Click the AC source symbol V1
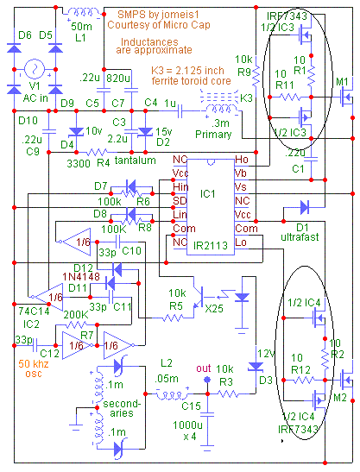click(35, 69)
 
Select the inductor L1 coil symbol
click(84, 13)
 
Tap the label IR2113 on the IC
click(211, 246)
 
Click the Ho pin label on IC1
click(242, 160)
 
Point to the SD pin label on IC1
click(180, 200)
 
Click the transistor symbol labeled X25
click(199, 297)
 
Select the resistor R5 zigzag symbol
click(173, 318)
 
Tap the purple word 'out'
click(204, 368)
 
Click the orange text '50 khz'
click(34, 363)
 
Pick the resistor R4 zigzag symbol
click(97, 152)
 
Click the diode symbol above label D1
click(305, 207)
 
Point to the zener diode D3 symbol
click(256, 367)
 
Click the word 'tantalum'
click(135, 160)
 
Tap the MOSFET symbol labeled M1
click(347, 97)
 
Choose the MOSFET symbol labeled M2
click(347, 380)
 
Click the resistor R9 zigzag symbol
click(256, 76)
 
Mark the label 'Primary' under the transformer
click(213, 135)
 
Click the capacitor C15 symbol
click(207, 414)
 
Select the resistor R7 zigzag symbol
click(76, 324)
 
